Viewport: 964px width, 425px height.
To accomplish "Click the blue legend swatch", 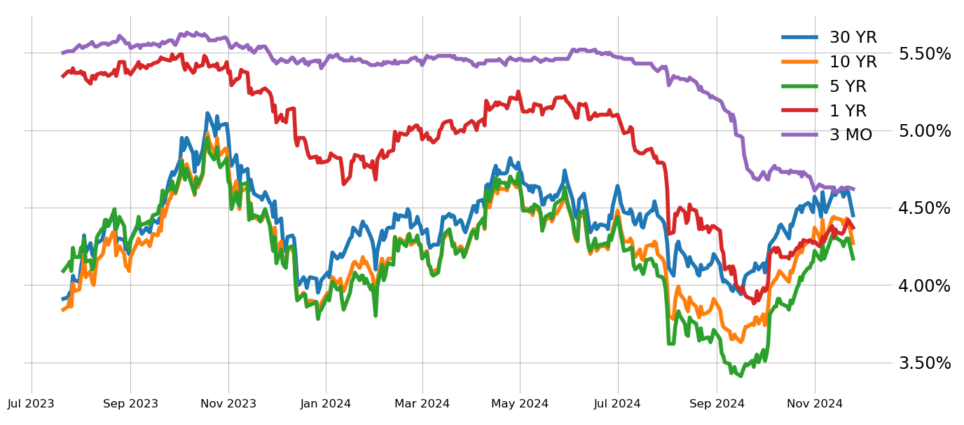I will (x=799, y=37).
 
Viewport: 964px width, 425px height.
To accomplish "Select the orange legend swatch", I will (x=799, y=62).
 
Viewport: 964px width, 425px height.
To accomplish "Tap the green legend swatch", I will (x=799, y=86).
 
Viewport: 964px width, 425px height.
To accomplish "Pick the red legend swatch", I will (x=799, y=110).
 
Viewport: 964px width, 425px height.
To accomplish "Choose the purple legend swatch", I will (x=799, y=134).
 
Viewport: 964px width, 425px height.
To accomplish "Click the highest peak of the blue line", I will (x=207, y=112).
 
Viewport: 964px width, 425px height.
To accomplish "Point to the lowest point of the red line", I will (x=754, y=303).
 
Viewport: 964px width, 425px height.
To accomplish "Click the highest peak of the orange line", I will (x=207, y=133).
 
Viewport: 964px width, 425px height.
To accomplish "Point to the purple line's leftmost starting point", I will (x=62, y=53).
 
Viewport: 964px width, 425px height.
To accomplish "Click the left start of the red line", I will (x=62, y=76).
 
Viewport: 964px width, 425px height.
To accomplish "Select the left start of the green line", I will (x=62, y=271).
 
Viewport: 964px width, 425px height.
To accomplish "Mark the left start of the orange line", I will (x=62, y=310).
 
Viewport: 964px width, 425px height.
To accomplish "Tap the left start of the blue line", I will (x=62, y=299).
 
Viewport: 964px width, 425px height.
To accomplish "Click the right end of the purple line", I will (x=854, y=189).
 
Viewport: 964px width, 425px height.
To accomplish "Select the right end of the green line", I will (x=854, y=260).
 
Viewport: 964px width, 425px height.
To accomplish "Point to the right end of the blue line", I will (x=854, y=217).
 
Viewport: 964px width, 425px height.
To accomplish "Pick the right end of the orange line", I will (x=854, y=244).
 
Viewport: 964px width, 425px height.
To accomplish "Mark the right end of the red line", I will (x=854, y=229).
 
